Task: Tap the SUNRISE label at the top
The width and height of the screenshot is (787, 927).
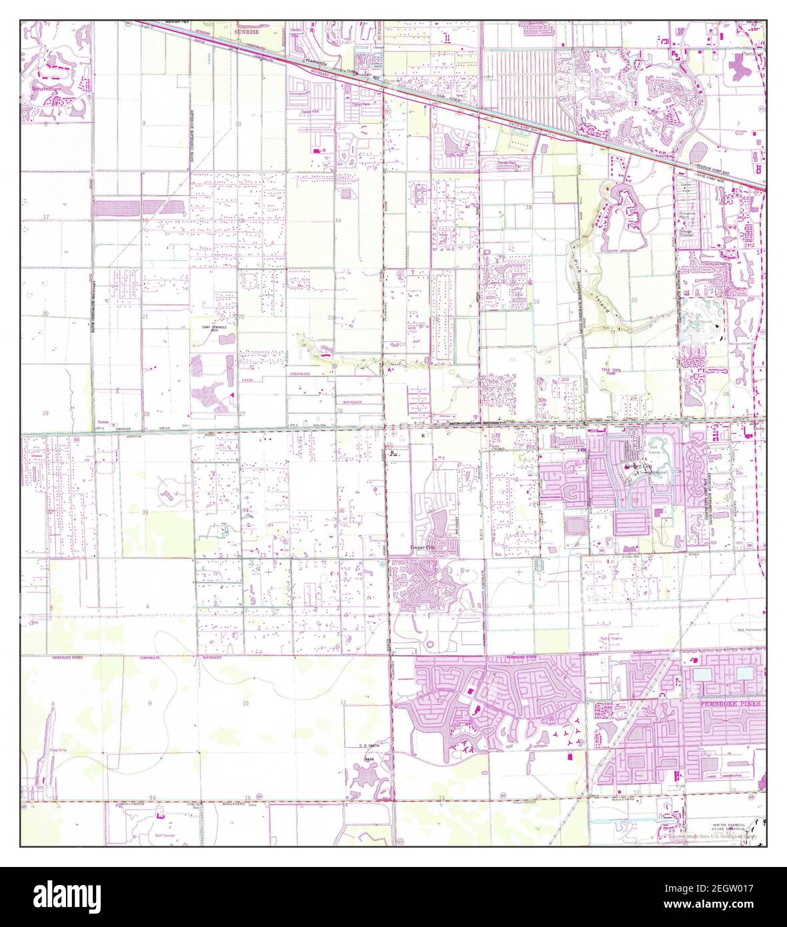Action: coord(245,31)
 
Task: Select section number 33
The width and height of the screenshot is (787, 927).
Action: coord(145,512)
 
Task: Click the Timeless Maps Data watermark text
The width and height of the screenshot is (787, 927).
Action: coord(707,835)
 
